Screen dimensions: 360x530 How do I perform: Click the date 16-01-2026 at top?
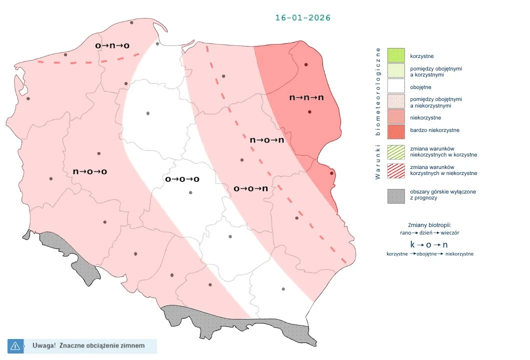coord(302,17)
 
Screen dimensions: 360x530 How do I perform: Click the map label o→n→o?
coord(112,45)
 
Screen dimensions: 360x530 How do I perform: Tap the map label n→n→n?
coord(306,97)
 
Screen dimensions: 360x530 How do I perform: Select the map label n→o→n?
coord(267,140)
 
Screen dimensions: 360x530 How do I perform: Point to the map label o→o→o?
coord(182,179)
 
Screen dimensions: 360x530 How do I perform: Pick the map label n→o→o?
coord(90,171)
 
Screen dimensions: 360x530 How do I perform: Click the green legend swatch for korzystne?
coord(395,55)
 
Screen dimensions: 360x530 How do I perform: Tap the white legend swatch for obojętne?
coord(395,87)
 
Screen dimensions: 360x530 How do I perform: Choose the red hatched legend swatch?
coord(395,170)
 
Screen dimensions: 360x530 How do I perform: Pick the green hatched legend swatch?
coord(395,151)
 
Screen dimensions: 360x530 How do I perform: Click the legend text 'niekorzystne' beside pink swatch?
coord(425,117)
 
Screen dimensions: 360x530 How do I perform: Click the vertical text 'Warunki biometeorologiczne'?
coord(378,113)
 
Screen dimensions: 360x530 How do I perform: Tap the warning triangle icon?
coord(14,345)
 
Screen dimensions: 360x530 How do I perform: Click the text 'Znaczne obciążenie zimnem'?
coord(101,345)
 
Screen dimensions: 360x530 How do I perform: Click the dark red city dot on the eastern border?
coord(331,173)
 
